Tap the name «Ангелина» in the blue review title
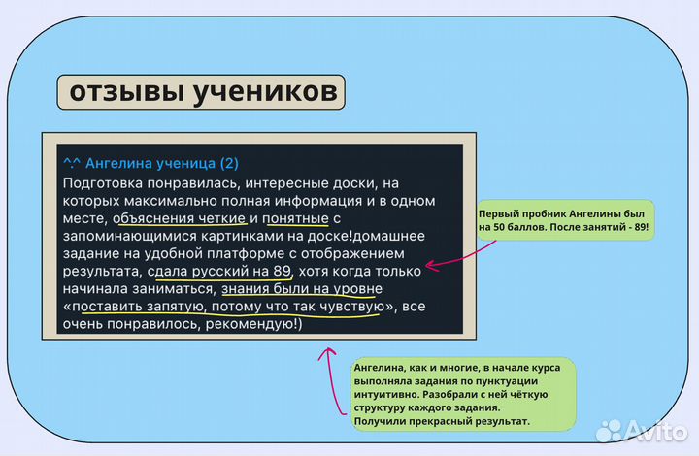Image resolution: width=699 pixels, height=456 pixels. click(x=129, y=163)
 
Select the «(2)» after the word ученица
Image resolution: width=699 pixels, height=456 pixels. click(x=229, y=163)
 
